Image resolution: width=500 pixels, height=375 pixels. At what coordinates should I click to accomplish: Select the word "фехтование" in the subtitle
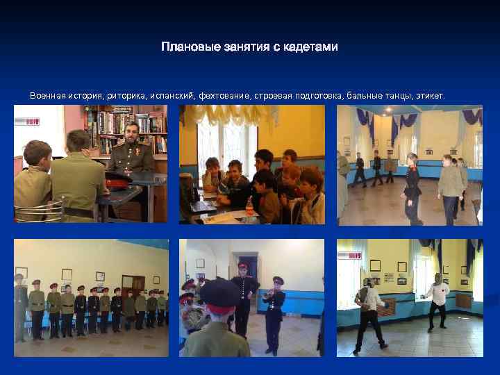coord(224,94)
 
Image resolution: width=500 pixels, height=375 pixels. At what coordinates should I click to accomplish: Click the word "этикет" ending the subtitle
coord(429,94)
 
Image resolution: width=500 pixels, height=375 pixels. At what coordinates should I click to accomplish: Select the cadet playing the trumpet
coord(274,306)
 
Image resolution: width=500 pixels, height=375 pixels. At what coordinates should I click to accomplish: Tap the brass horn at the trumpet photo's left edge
coord(192,316)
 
